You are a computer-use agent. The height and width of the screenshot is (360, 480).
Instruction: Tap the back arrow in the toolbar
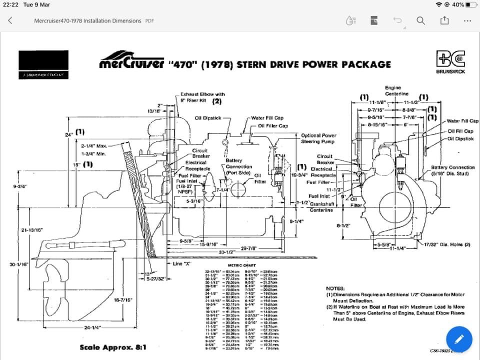[10, 20]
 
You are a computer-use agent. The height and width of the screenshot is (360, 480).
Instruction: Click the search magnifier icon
[420, 20]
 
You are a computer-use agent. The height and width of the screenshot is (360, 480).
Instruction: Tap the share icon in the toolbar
[444, 20]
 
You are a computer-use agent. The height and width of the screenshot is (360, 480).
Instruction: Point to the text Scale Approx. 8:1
[113, 347]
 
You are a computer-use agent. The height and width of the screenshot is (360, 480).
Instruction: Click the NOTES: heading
[335, 288]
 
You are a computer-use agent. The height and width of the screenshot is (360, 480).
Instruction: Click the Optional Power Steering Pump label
[318, 138]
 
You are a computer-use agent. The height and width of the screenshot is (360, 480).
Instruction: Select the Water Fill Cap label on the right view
[462, 121]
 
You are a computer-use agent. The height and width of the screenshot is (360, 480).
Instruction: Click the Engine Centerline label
[396, 90]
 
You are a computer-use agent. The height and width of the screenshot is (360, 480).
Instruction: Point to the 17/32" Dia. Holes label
[447, 245]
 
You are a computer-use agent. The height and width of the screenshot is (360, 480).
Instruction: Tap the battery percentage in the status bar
[457, 4]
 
